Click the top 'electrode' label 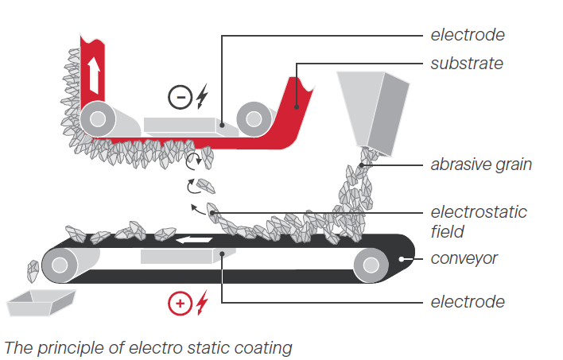pos(468,35)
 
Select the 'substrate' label pos(467,64)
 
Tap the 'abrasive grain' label pos(481,165)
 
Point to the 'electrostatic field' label pos(479,222)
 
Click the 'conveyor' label pos(464,258)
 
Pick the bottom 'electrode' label pos(468,302)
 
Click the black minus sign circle pos(181,97)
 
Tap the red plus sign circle pos(181,304)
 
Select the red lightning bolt pos(203,303)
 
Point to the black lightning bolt pos(203,96)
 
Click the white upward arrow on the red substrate pos(94,75)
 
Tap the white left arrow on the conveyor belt pos(194,239)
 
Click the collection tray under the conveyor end pos(41,303)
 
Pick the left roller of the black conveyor pos(60,265)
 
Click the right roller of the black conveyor pos(371,265)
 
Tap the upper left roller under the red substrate pos(98,118)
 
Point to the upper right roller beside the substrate pos(254,119)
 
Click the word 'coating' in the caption pos(263,348)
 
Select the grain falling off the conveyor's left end pos(33,271)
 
